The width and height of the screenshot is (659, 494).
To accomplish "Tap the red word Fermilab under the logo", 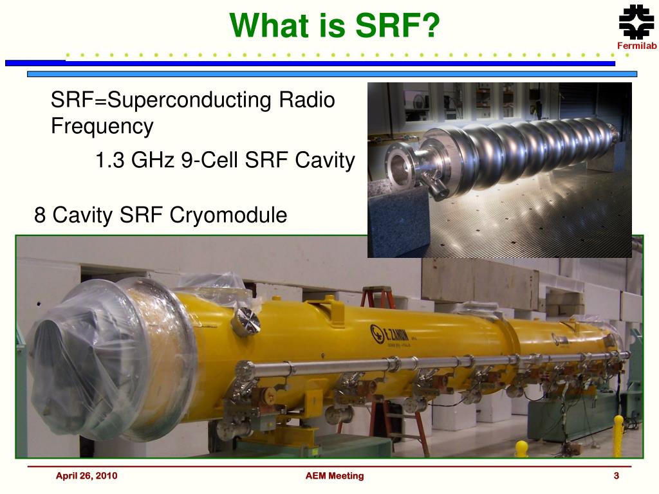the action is pos(636,46).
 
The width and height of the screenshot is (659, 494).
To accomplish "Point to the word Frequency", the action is pos(102,126).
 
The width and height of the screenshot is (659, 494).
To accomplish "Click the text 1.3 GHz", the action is pos(135,160).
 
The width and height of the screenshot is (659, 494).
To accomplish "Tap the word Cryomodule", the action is pos(228,215).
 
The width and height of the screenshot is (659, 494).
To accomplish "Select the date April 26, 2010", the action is pos(87,476).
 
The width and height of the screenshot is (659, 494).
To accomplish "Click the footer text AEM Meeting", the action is pos(335,476).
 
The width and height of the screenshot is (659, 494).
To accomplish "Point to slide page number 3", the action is pos(616,476).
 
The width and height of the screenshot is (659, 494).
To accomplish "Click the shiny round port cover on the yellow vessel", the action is pos(248,322).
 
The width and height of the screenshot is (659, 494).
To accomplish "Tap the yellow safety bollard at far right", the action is pos(618,435).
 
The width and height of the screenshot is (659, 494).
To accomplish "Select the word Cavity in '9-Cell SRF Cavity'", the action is pos(325,160).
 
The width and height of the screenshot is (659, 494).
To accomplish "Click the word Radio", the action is pos(307,100).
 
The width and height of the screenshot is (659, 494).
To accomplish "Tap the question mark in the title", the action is pos(429,25).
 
